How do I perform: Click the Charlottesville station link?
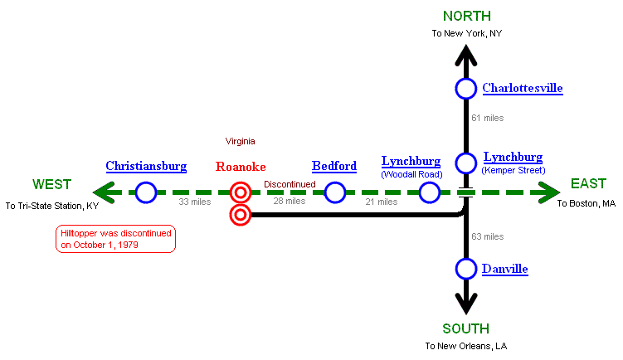pyautogui.click(x=523, y=88)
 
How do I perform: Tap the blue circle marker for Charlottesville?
pyautogui.click(x=466, y=88)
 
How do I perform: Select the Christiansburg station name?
pyautogui.click(x=146, y=166)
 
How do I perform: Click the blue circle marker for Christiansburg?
pyautogui.click(x=146, y=193)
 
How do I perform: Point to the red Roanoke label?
pyautogui.click(x=241, y=167)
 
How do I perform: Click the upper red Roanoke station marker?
pyautogui.click(x=241, y=193)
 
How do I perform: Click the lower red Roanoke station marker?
pyautogui.click(x=241, y=216)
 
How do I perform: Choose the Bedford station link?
pyautogui.click(x=334, y=166)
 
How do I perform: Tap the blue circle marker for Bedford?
pyautogui.click(x=335, y=193)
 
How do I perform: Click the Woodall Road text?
pyautogui.click(x=411, y=175)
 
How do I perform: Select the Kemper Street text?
pyautogui.click(x=513, y=170)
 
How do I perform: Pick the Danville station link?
pyautogui.click(x=505, y=269)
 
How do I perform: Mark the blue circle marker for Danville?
pyautogui.click(x=466, y=269)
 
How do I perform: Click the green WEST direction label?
pyautogui.click(x=51, y=184)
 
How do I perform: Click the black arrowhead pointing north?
pyautogui.click(x=466, y=56)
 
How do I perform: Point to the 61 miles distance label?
pyautogui.click(x=487, y=118)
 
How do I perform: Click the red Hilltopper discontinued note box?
pyautogui.click(x=115, y=239)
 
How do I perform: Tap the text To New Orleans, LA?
pyautogui.click(x=465, y=345)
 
